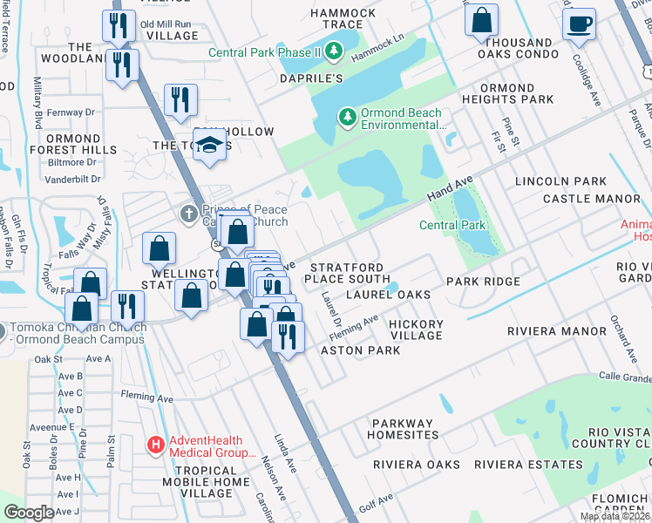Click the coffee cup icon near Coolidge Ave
pos(578,24)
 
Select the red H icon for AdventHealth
pos(156,446)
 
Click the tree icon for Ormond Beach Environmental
pos(348,117)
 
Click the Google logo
pos(29,513)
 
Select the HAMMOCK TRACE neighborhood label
pos(343,19)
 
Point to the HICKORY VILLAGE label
pos(416,330)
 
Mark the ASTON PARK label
pos(360,350)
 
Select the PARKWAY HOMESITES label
pos(402,428)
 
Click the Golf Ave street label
pos(377,501)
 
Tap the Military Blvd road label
pos(37,102)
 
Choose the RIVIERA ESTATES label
pos(522,465)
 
